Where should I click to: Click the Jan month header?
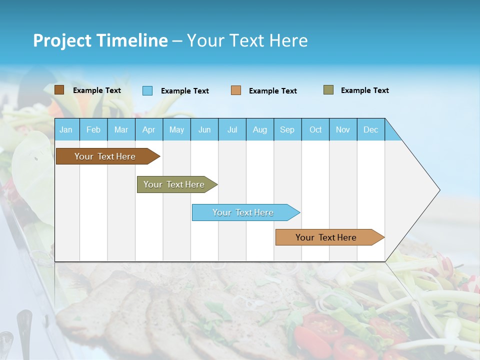(x=66, y=129)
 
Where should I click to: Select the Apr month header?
(x=148, y=129)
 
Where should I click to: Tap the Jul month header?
(x=232, y=129)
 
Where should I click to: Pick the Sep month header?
(x=287, y=129)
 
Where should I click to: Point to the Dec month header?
(x=370, y=129)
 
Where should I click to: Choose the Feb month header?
(x=93, y=129)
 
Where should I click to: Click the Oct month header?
(x=315, y=129)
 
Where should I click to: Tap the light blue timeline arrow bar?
(x=243, y=212)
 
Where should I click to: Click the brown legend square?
(x=59, y=90)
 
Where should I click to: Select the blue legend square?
(x=147, y=90)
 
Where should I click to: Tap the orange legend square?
(x=236, y=90)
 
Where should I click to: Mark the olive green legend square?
(x=328, y=90)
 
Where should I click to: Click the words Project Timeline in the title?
(x=100, y=40)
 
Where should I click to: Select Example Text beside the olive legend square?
(x=364, y=90)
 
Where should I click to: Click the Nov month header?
(x=343, y=129)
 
